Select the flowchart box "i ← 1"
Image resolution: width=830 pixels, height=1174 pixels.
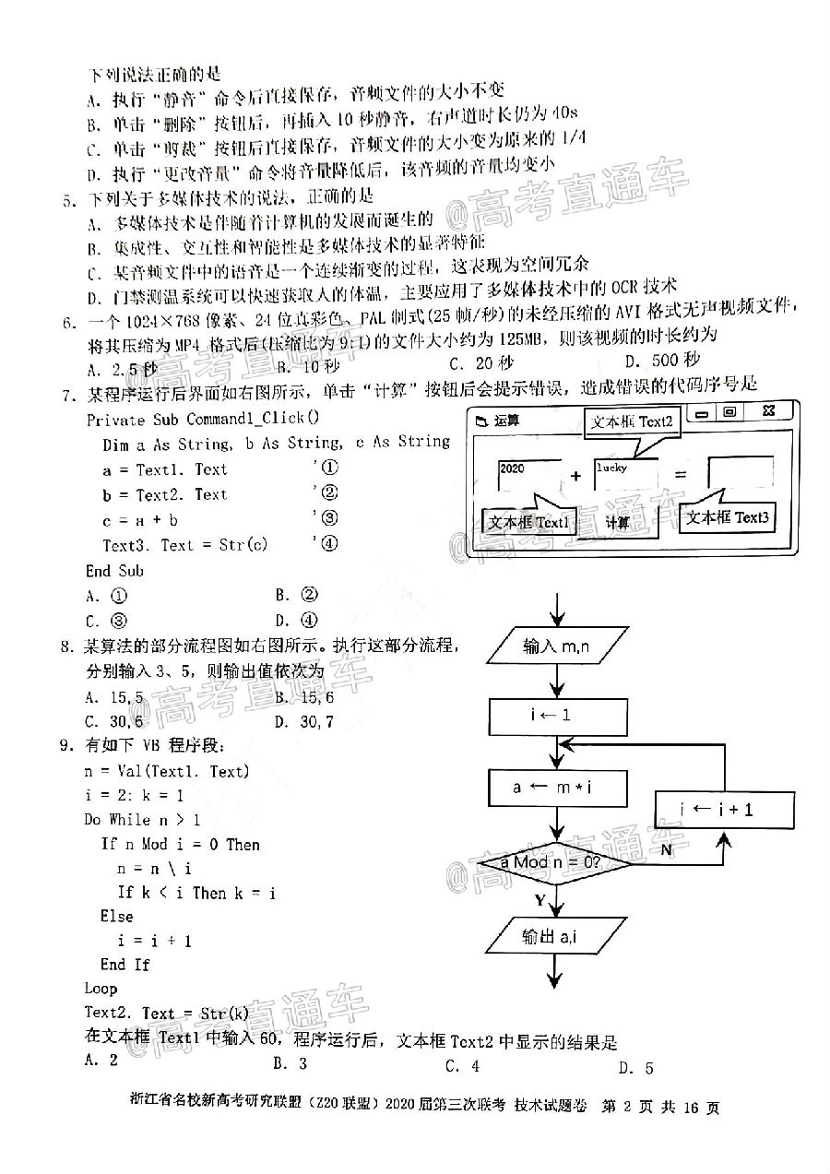click(x=557, y=715)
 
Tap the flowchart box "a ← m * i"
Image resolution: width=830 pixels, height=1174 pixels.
click(x=557, y=788)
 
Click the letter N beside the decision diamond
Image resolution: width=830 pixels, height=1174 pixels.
click(x=665, y=849)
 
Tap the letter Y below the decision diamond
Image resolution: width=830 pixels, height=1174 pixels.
click(x=540, y=898)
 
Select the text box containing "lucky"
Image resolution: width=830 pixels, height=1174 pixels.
click(x=624, y=475)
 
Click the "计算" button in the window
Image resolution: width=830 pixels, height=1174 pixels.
click(x=617, y=523)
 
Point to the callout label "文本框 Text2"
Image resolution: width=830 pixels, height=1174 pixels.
click(x=632, y=422)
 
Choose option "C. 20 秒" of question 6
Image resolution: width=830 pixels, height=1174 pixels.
click(x=480, y=362)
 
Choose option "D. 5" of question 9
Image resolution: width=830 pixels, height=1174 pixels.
click(x=636, y=1068)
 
